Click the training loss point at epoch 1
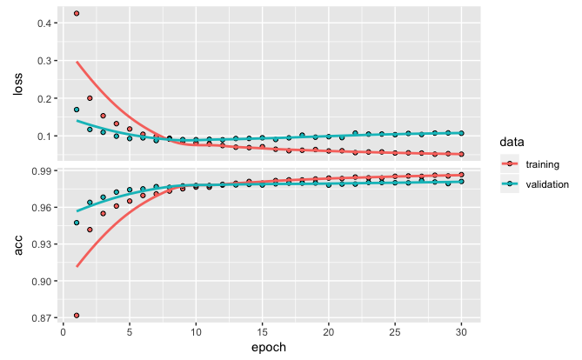click(x=77, y=13)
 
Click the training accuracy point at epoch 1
click(x=77, y=316)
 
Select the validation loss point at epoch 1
click(x=77, y=110)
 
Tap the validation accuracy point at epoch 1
click(x=77, y=223)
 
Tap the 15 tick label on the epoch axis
click(x=262, y=332)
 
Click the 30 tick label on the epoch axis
click(x=461, y=332)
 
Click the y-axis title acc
click(x=16, y=246)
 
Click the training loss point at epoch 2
click(x=90, y=98)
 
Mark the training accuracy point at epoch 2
click(x=90, y=230)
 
